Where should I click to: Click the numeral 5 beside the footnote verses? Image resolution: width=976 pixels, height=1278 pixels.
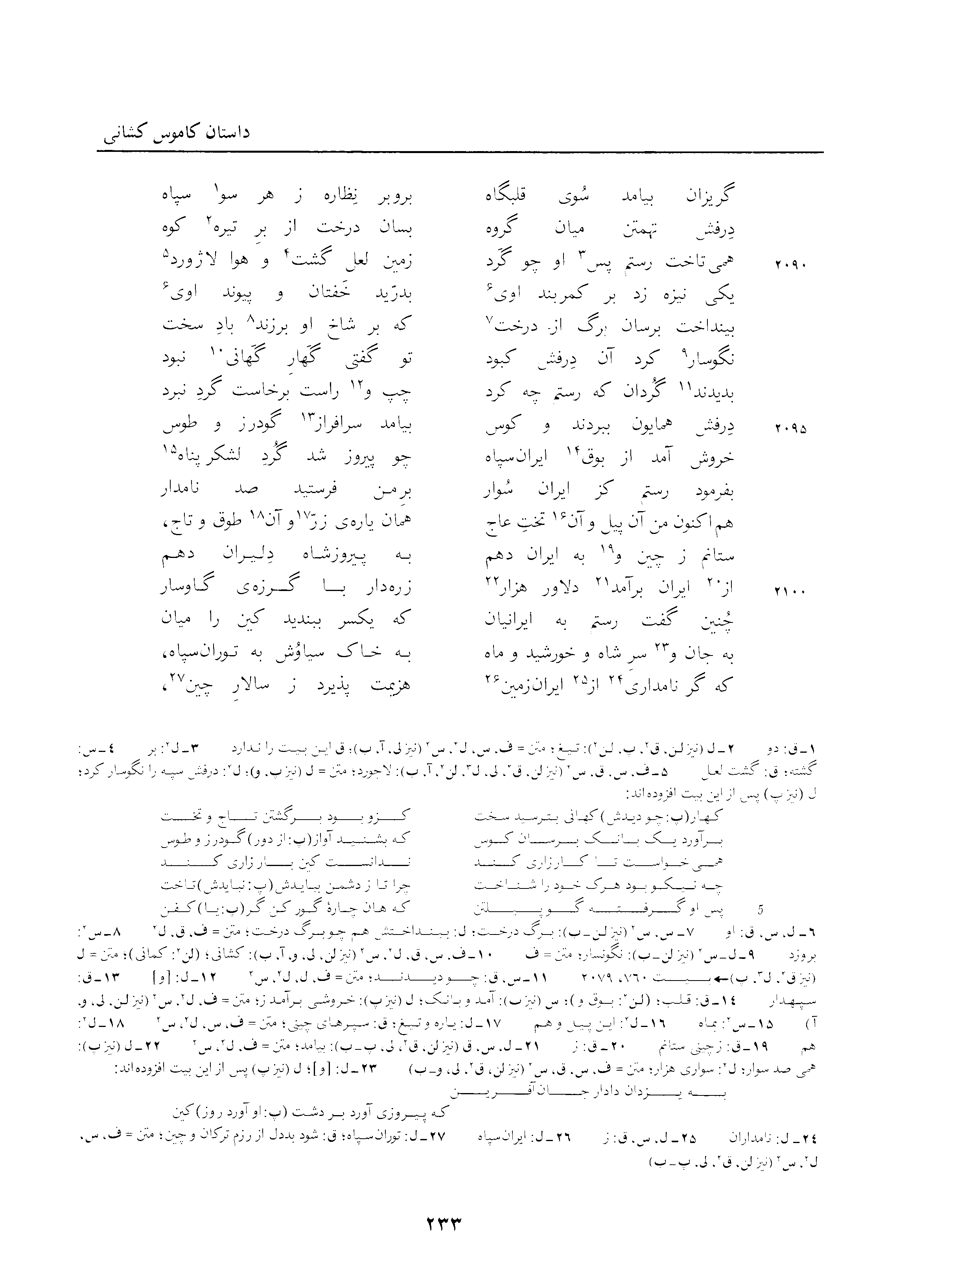[x=762, y=906]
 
